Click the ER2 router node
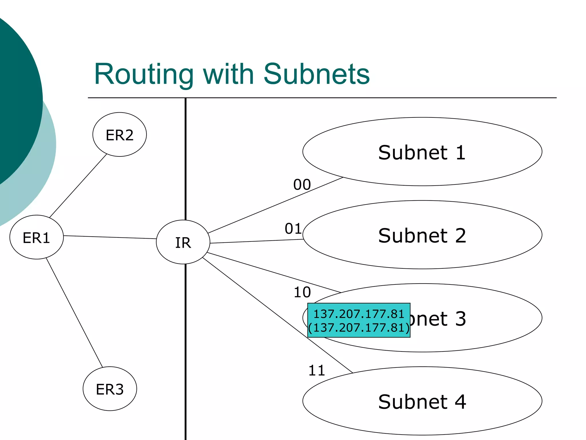(120, 135)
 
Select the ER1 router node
(36, 237)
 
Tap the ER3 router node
(110, 389)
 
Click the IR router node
(183, 242)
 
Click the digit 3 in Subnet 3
(460, 319)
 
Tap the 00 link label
(302, 184)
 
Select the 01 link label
(293, 229)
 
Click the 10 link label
(302, 292)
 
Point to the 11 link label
(317, 370)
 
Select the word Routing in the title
(144, 74)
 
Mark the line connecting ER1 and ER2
(78, 186)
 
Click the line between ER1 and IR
(110, 237)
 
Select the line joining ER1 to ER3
(74, 312)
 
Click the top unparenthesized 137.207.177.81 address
(359, 314)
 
